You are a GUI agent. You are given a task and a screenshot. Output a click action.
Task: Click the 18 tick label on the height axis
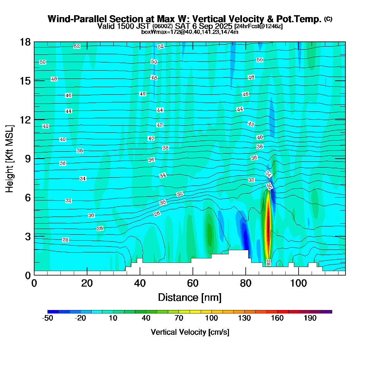[x=25, y=42]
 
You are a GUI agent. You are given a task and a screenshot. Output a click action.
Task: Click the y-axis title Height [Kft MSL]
[x=9, y=159]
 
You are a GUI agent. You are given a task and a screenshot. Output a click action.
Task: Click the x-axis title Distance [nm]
[x=189, y=298]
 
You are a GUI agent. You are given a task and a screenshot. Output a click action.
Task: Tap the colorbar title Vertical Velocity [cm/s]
[x=190, y=332]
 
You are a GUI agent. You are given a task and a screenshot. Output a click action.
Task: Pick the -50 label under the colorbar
[x=47, y=319]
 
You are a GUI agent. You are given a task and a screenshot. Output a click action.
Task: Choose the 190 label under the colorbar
[x=310, y=319]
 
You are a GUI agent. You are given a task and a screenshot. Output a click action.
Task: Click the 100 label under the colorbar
[x=212, y=319]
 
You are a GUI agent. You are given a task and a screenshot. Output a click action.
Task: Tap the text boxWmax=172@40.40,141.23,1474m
[x=190, y=32]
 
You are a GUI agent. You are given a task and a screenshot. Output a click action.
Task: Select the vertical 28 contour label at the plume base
[x=268, y=263]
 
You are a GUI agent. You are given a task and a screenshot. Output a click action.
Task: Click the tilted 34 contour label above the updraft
[x=268, y=174]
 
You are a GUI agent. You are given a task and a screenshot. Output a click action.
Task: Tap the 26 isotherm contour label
[x=65, y=240]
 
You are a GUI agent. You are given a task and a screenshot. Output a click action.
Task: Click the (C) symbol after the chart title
[x=328, y=19]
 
